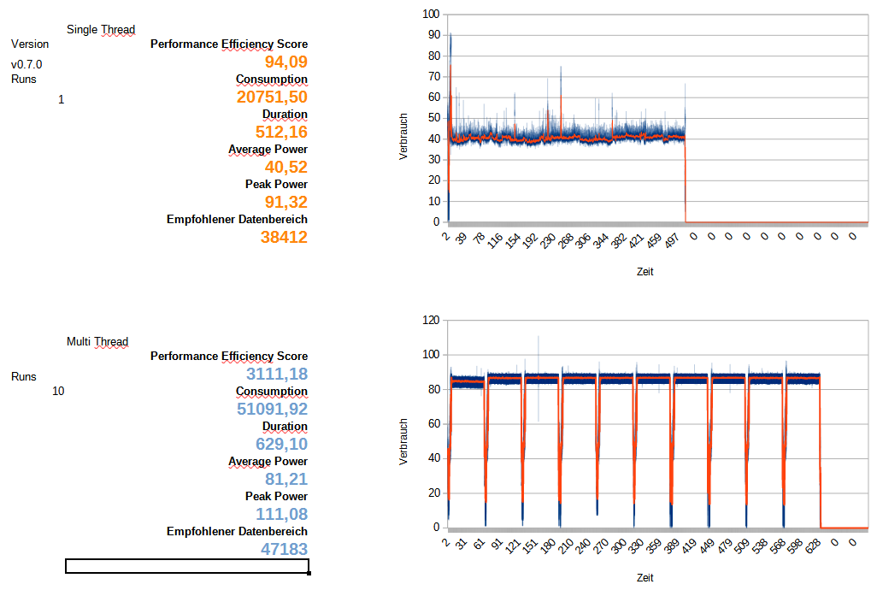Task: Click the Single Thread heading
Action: [101, 30]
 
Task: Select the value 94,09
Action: [286, 62]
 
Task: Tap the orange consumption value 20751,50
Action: [272, 97]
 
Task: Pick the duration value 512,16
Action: [281, 133]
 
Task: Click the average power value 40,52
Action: [286, 168]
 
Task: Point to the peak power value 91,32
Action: [286, 203]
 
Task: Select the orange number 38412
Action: [284, 238]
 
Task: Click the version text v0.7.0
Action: [26, 65]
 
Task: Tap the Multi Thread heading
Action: [97, 342]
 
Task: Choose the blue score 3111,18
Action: [276, 375]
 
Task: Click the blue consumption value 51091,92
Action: [272, 410]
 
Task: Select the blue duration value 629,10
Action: [281, 445]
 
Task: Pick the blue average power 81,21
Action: [286, 480]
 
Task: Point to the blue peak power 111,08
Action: [281, 515]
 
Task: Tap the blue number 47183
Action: [284, 550]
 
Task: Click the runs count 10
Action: [58, 392]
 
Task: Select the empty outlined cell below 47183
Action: [186, 566]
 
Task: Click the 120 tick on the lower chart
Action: [431, 321]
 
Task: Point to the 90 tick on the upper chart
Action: [434, 35]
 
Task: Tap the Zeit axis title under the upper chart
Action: [645, 272]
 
